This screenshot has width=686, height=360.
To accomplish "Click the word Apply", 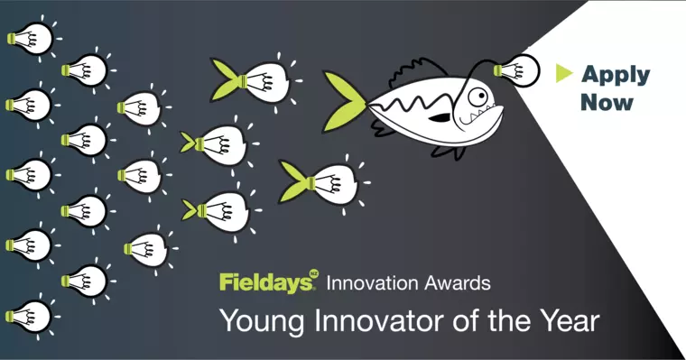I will pos(616,74).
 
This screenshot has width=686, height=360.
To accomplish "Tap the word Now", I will pos(607,102).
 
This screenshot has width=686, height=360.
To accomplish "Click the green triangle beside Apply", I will pos(565,72).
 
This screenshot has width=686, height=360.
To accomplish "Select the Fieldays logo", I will pos(267,282).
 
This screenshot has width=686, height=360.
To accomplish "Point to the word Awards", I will pos(459,282).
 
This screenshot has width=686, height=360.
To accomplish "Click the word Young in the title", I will pos(255,320).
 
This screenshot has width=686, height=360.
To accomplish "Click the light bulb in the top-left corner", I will pos(30,38).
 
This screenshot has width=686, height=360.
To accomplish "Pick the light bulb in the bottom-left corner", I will pos(30,316).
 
